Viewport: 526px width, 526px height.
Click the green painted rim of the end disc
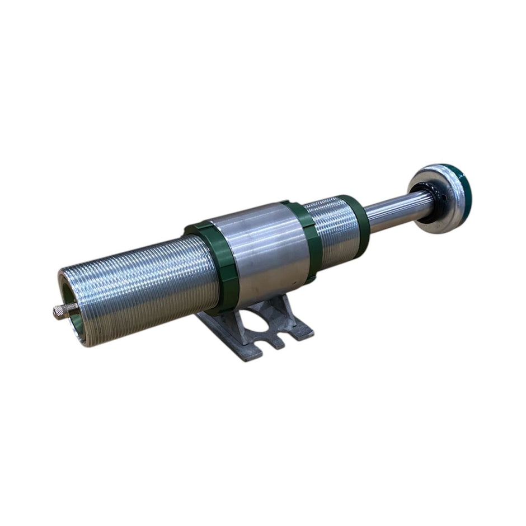click(x=464, y=193)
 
